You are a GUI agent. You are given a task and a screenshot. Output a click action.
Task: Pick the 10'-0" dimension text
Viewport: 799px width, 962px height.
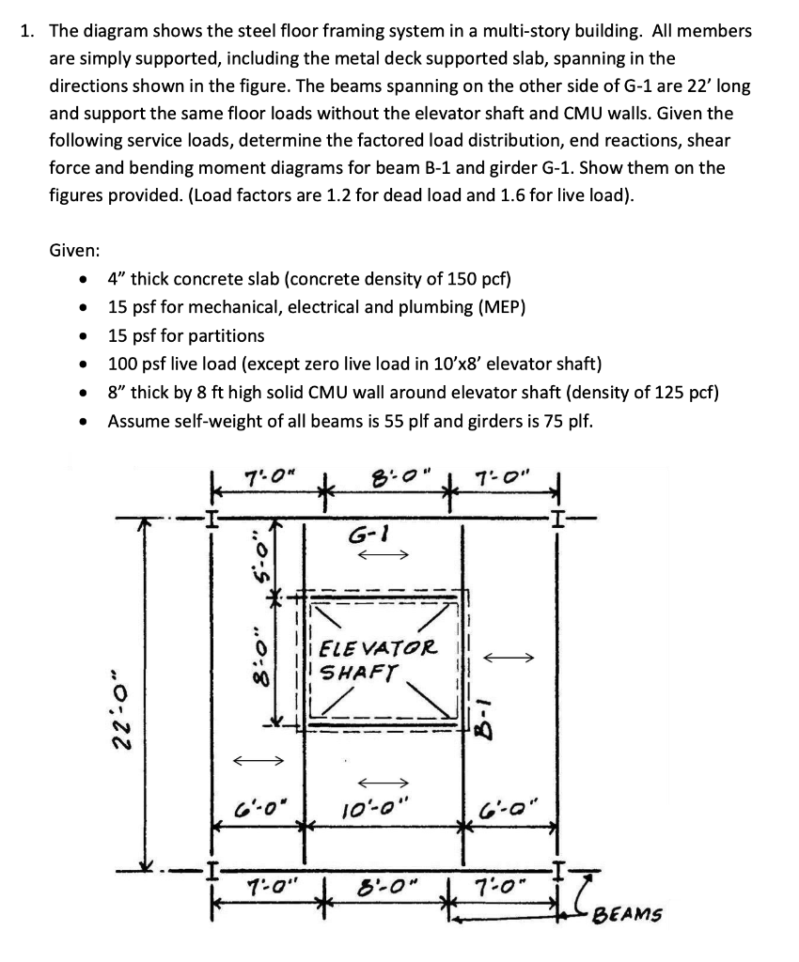click(384, 806)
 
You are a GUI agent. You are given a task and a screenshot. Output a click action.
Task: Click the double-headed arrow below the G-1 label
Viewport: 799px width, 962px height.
click(385, 555)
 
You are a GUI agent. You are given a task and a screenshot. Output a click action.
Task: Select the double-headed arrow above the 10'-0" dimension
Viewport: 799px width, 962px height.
click(384, 782)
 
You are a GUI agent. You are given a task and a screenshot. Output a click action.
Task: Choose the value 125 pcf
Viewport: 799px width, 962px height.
click(682, 392)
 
